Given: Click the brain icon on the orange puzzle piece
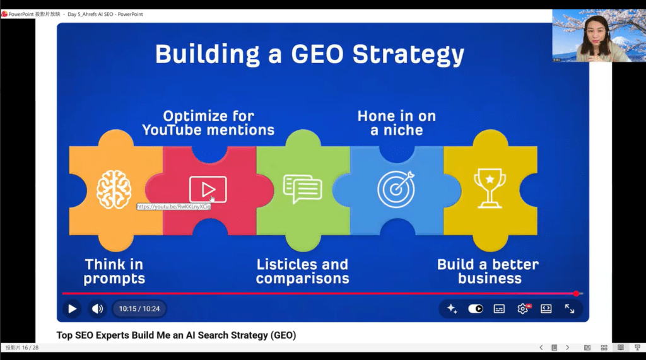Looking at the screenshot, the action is point(114,190).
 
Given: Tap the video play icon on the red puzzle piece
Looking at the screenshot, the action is point(208,190).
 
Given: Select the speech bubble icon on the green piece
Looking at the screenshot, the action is point(302,189).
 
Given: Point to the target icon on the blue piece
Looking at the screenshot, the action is point(396,189).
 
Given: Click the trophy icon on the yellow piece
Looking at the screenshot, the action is point(490,189).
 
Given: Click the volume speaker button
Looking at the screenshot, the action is point(97,309).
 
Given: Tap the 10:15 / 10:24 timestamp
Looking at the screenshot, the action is point(139,309).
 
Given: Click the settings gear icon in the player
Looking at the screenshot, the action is point(522,309).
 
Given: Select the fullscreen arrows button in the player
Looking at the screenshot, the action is point(570,309).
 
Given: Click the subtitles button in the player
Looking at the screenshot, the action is point(499,309).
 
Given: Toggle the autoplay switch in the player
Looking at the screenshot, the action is point(476,309).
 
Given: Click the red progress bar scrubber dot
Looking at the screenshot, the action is point(576,294).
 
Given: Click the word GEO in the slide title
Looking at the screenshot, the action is point(317,54).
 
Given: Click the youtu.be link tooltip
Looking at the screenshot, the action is point(173,207).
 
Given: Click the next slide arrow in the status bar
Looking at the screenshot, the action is point(567,347).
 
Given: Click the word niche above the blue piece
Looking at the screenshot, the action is point(403,130).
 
